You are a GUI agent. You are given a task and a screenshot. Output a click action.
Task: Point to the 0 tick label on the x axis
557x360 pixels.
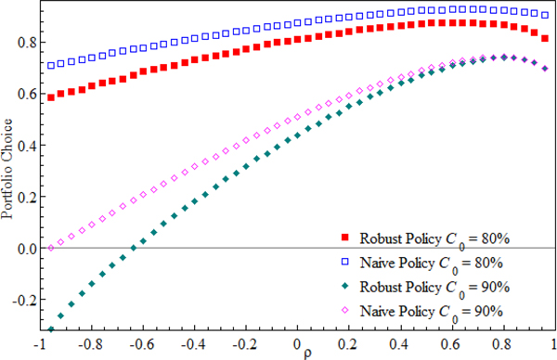pos(298,342)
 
